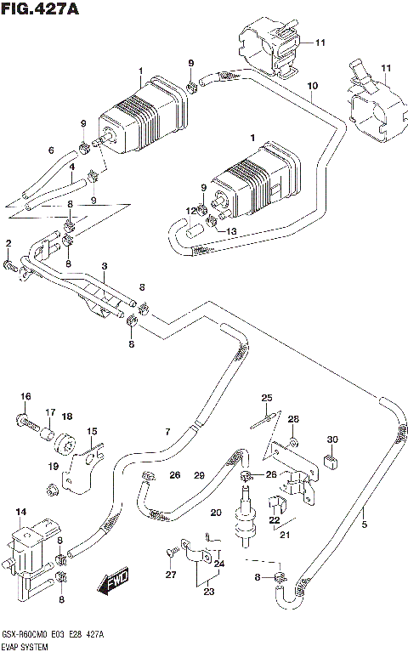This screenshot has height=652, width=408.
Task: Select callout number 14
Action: click(x=21, y=511)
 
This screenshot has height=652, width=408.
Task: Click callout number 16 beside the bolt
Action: click(x=25, y=397)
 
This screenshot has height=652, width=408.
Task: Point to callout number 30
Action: click(x=332, y=439)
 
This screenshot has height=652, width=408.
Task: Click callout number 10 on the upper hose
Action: click(x=312, y=87)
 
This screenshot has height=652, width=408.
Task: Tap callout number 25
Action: click(x=266, y=398)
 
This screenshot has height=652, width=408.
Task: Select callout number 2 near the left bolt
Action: click(x=8, y=245)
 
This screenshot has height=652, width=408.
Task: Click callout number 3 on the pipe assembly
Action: click(x=103, y=266)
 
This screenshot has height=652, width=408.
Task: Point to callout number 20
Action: click(x=216, y=512)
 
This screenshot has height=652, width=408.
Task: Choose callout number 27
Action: click(x=170, y=575)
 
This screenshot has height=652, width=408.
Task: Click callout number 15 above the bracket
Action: click(x=92, y=432)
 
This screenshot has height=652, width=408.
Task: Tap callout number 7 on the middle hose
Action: click(x=168, y=432)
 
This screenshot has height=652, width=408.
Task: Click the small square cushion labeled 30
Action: click(x=332, y=462)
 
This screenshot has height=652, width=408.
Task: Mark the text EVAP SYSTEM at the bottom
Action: click(x=25, y=648)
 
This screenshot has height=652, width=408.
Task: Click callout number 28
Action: click(x=293, y=420)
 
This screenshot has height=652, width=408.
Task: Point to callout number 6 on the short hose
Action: click(x=51, y=150)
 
